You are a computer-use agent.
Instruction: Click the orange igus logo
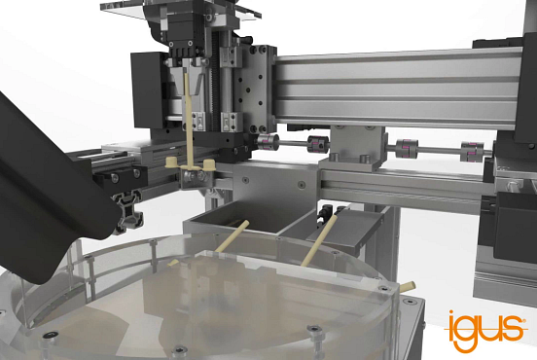(485, 330)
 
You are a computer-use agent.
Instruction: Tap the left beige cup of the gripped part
(171, 162)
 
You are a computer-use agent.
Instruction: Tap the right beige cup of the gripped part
(208, 164)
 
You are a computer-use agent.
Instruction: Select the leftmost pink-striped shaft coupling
(265, 142)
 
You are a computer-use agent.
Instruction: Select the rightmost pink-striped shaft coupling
(473, 151)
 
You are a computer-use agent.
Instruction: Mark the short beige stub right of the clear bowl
(408, 287)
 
